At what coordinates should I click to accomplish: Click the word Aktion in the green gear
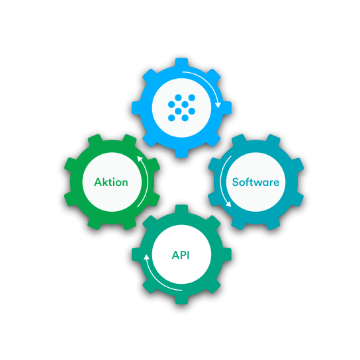(x=111, y=182)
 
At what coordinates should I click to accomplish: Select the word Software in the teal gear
(x=255, y=182)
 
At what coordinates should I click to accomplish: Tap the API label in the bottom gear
(x=181, y=255)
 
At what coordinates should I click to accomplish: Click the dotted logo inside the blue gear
(x=181, y=108)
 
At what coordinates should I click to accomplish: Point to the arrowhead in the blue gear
(x=218, y=105)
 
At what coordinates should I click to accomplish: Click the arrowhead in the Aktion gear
(x=140, y=159)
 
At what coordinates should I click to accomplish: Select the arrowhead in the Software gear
(x=228, y=204)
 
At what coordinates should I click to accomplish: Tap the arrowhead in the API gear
(x=146, y=257)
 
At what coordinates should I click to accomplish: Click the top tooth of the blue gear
(x=181, y=62)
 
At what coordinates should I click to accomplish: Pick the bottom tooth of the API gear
(x=181, y=300)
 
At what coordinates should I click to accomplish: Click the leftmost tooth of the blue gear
(x=136, y=108)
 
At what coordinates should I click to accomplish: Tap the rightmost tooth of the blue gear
(x=227, y=108)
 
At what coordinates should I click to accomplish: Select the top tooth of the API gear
(x=181, y=209)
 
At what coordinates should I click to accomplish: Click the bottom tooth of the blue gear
(x=181, y=153)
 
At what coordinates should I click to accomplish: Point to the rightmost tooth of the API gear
(x=227, y=254)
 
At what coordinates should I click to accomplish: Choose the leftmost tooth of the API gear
(x=136, y=254)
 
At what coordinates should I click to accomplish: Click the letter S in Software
(x=236, y=182)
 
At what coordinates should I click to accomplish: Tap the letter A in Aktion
(x=98, y=182)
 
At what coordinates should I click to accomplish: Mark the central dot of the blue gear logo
(x=185, y=105)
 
